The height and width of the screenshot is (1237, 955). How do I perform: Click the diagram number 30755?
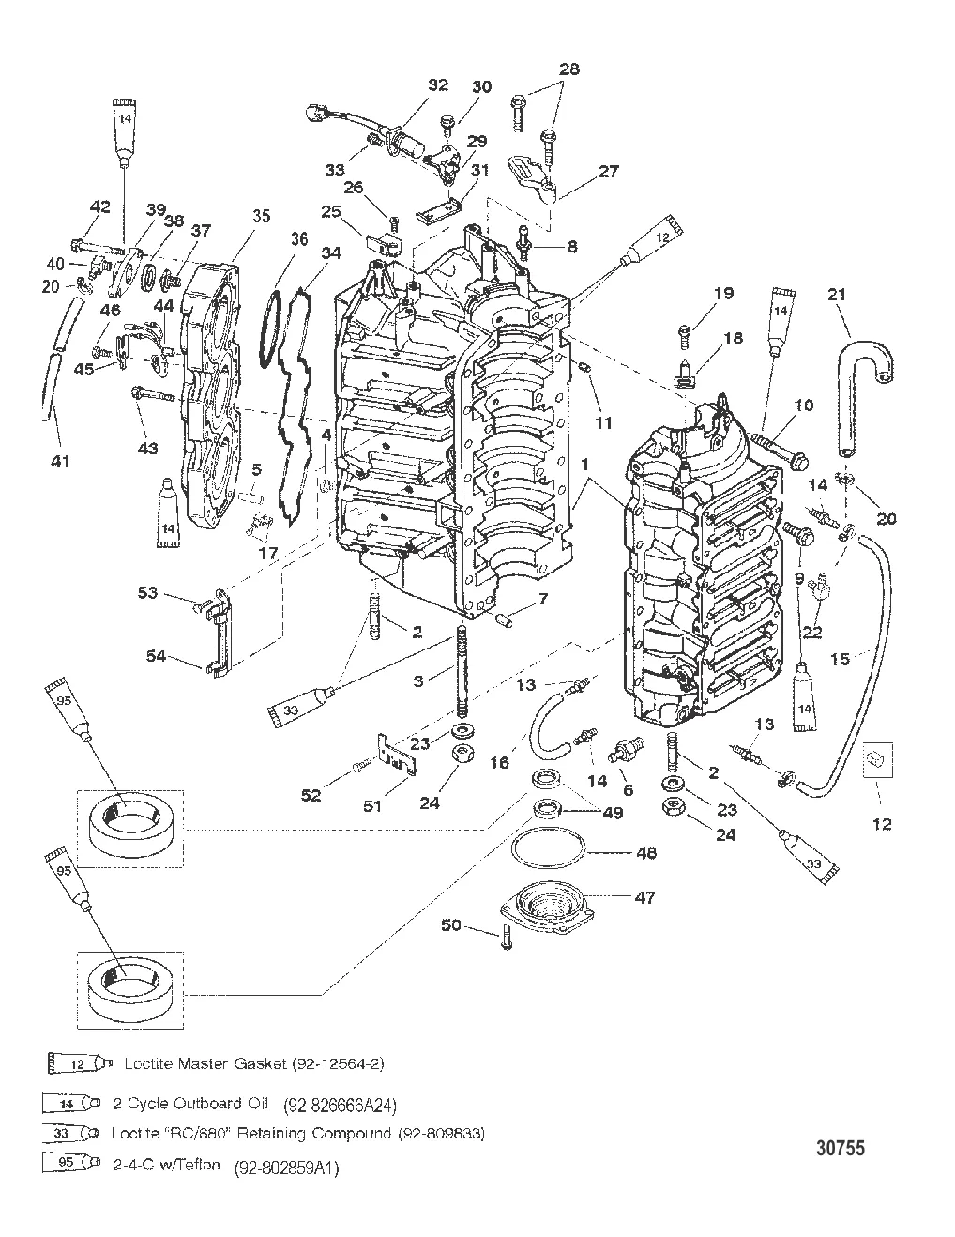pos(840,1147)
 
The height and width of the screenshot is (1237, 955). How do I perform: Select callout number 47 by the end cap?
pos(671,897)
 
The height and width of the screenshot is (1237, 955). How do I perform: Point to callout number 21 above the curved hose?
pos(838,295)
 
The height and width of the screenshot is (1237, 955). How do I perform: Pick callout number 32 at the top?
pos(438,84)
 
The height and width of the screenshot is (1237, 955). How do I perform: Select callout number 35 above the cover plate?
pos(260,216)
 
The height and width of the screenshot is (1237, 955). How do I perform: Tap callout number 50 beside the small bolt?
pos(452,926)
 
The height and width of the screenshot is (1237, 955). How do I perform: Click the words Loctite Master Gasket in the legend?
pos(188,1063)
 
